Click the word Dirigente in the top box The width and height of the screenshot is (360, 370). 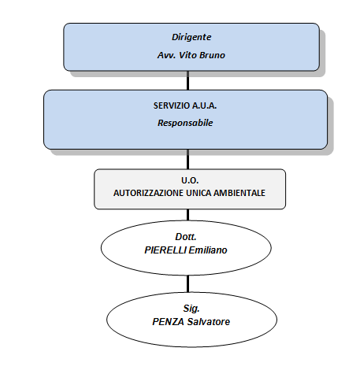191,37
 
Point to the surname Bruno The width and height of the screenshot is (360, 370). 213,55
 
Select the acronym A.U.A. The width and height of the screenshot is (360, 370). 205,105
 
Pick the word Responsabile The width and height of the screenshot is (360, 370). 185,123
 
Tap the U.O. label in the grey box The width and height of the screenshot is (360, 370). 190,180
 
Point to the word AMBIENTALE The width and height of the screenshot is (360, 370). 239,193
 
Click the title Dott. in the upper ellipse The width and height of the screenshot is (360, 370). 186,237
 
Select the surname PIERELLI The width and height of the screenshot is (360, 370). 165,250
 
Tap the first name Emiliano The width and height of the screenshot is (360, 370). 208,250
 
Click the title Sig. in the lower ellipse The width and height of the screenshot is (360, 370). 191,309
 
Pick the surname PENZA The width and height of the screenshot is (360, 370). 169,322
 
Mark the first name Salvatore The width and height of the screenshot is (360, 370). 209,322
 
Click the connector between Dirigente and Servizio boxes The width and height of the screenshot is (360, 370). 188,80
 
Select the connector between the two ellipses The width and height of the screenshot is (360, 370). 188,283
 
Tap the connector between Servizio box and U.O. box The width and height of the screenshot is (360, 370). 188,159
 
